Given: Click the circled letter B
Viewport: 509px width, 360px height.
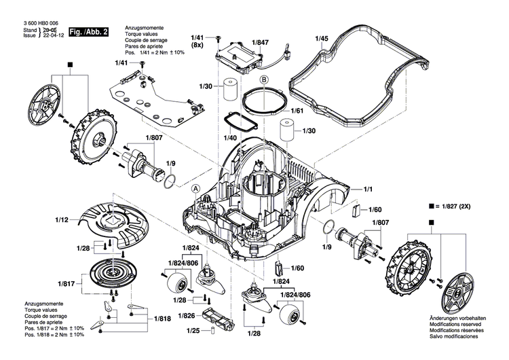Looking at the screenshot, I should click(265, 79).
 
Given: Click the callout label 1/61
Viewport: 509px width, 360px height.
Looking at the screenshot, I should click(296, 110).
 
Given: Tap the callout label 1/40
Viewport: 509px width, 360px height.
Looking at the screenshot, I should click(231, 138).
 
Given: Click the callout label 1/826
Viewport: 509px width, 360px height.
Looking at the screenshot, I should click(187, 316).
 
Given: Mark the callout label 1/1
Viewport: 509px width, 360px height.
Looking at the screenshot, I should click(369, 188).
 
